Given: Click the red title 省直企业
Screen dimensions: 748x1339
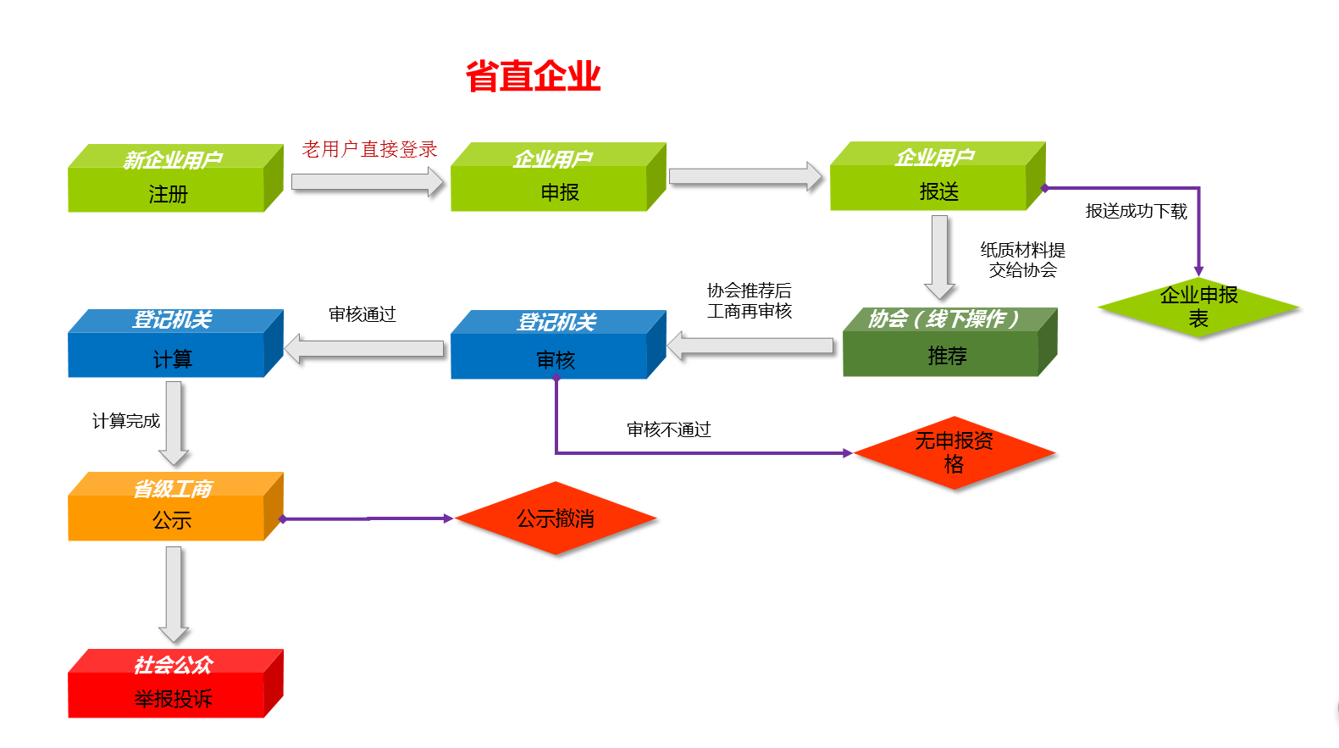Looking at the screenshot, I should point(533,76).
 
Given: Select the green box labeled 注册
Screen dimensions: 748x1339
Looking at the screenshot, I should point(168,188).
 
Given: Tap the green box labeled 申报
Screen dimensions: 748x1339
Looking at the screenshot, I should point(551,187).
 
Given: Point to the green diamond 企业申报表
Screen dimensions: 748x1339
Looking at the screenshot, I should point(1198,307).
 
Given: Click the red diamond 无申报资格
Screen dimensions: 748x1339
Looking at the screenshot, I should point(954,452).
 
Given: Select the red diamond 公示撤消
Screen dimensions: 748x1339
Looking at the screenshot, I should point(556,518).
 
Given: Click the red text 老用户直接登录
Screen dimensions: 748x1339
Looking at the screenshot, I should point(369,149).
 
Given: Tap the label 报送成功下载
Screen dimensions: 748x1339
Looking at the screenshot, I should point(1136,211).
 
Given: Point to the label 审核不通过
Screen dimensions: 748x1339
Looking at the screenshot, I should point(668,429).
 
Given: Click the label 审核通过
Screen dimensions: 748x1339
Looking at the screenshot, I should point(362,314).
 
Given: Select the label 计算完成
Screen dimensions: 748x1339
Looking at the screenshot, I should point(125,421).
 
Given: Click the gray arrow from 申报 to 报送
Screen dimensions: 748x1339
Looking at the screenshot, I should point(744,176).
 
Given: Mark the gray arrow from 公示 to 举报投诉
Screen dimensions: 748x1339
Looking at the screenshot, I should point(174,593).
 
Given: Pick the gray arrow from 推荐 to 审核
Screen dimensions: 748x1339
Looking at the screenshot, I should point(750,346).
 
